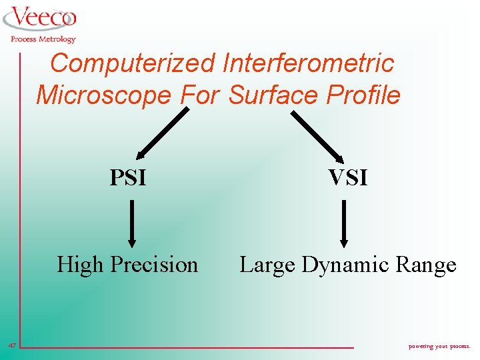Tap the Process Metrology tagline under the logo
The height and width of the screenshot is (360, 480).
pyautogui.click(x=43, y=39)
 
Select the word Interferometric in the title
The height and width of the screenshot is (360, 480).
pyautogui.click(x=308, y=64)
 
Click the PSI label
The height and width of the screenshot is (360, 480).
pyautogui.click(x=128, y=178)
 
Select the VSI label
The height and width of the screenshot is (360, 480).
pyautogui.click(x=347, y=178)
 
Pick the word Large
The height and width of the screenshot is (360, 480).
pyautogui.click(x=267, y=265)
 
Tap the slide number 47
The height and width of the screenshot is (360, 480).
pyautogui.click(x=12, y=345)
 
